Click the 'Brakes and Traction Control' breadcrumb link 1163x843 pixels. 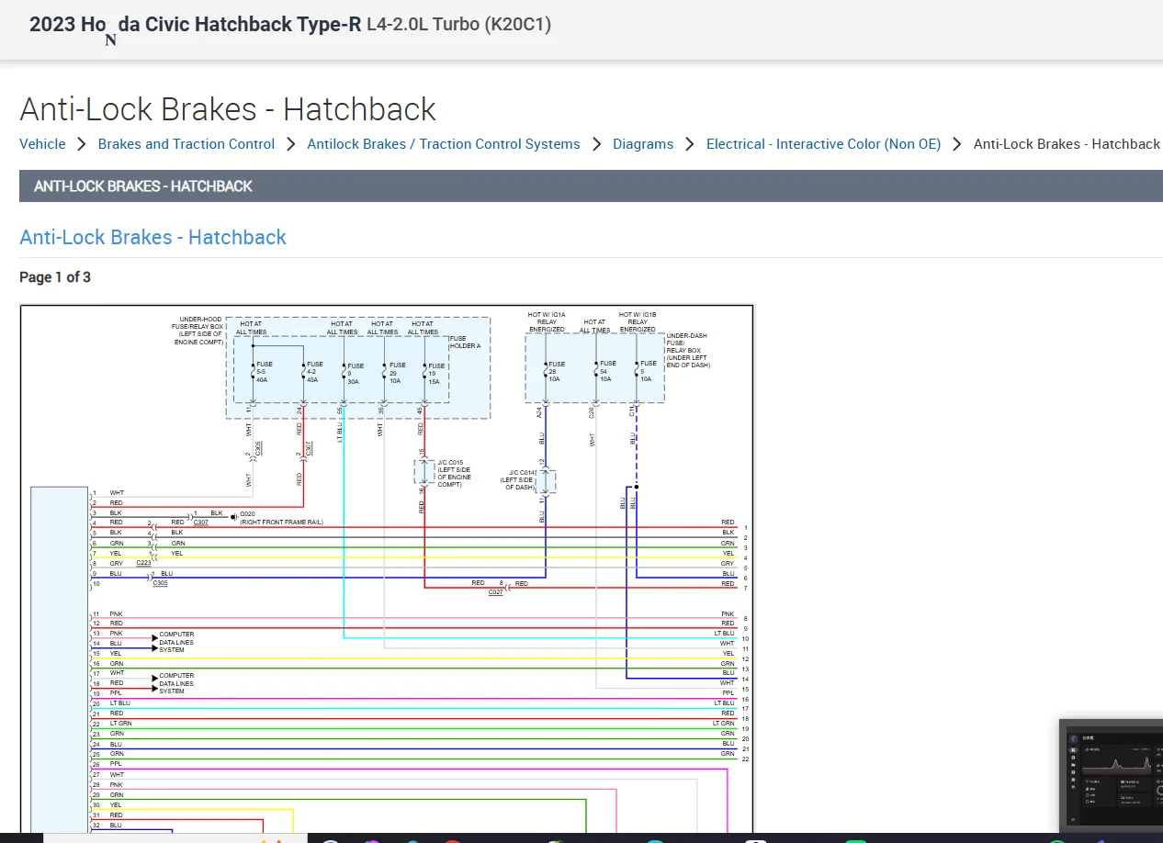pyautogui.click(x=186, y=144)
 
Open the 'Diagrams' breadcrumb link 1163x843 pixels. pyautogui.click(x=643, y=144)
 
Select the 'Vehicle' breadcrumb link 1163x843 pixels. pyautogui.click(x=42, y=144)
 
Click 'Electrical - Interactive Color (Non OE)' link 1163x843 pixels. pyautogui.click(x=823, y=144)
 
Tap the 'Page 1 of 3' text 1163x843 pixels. pyautogui.click(x=55, y=277)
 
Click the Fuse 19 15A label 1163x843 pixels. pyautogui.click(x=436, y=372)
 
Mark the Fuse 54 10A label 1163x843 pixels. pyautogui.click(x=607, y=371)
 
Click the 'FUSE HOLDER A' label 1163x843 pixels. pyautogui.click(x=465, y=342)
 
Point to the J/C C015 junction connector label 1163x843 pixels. pyautogui.click(x=454, y=473)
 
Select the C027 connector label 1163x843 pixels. pyautogui.click(x=496, y=593)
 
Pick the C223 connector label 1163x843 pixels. pyautogui.click(x=144, y=564)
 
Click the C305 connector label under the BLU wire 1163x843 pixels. pyautogui.click(x=161, y=583)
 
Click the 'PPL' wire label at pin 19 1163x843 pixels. pyautogui.click(x=116, y=693)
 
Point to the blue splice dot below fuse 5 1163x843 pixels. pyautogui.click(x=636, y=487)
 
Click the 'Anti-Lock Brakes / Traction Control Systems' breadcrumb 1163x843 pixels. pyautogui.click(x=444, y=144)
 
